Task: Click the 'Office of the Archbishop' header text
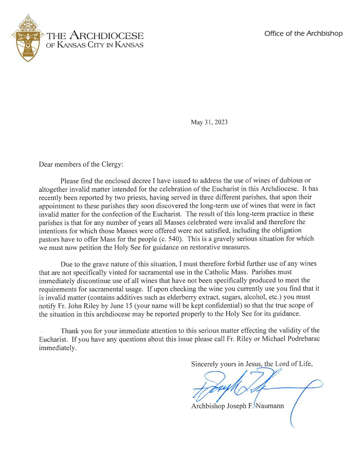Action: (303, 33)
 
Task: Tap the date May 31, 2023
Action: (209, 122)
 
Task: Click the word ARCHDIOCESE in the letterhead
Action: (106, 36)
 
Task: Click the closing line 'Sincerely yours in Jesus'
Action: (224, 364)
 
